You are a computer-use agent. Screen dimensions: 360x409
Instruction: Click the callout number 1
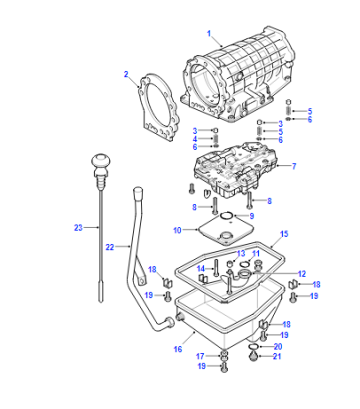pos(209,34)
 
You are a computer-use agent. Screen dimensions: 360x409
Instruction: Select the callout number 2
pos(126,74)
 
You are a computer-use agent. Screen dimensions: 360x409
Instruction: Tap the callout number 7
pos(294,166)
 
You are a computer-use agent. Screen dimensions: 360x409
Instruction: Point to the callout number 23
pos(78,228)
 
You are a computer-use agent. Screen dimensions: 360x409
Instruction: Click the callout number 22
pos(110,247)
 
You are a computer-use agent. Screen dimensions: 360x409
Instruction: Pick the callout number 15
pos(284,234)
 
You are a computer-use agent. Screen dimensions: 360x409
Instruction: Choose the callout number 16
pos(178,349)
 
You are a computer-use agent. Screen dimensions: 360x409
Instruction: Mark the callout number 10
pos(177,230)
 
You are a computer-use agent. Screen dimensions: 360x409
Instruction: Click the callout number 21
pos(277,356)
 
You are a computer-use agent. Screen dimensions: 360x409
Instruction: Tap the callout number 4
pos(195,139)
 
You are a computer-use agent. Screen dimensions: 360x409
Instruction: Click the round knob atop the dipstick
pos(100,160)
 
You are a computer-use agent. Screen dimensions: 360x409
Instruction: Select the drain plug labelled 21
pos(254,357)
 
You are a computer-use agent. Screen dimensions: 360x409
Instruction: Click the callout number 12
pos(302,274)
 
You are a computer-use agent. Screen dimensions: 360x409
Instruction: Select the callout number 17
pos(200,357)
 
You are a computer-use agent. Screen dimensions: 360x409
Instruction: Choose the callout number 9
pos(252,216)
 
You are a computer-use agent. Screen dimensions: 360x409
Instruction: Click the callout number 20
pos(278,347)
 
